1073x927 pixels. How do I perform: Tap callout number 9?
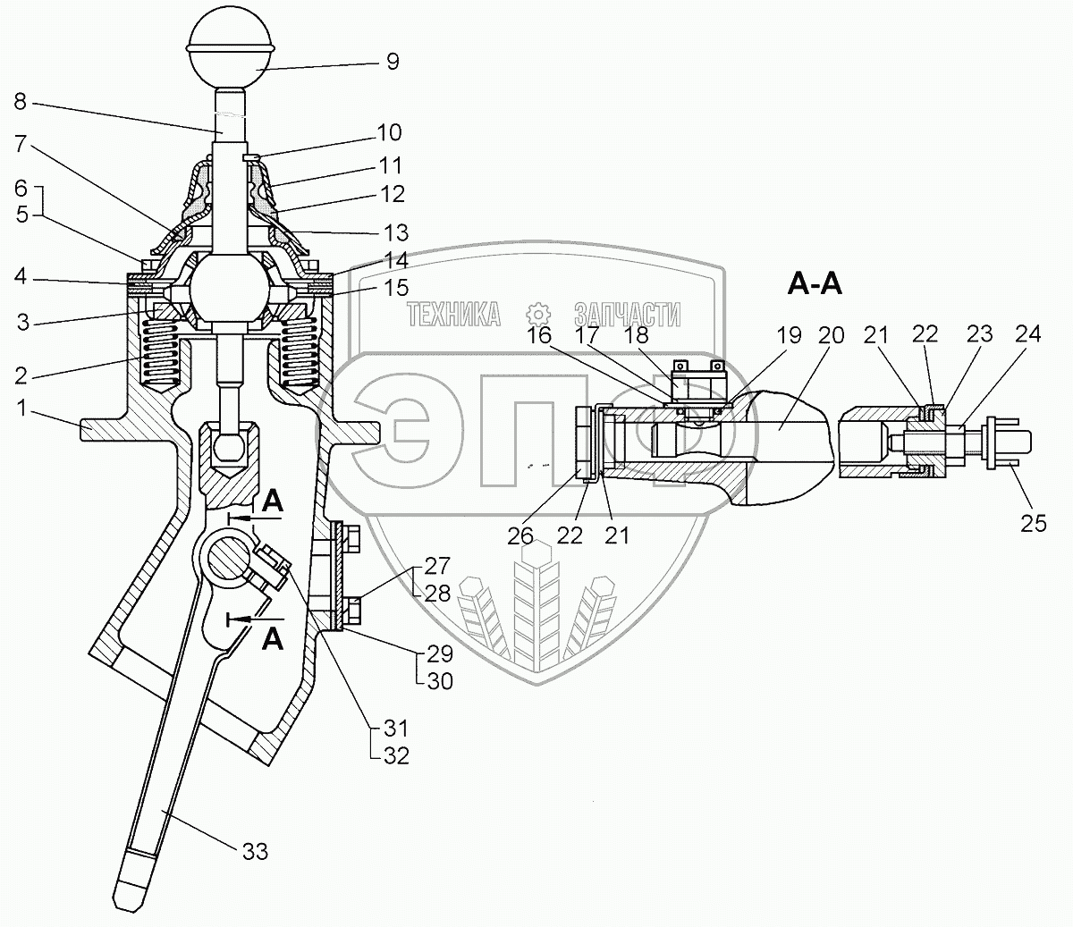(x=393, y=62)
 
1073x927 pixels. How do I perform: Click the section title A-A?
(x=815, y=284)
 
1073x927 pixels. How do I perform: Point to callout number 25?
(x=1033, y=524)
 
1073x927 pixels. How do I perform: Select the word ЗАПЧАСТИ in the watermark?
(x=627, y=314)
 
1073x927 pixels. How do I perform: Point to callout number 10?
(x=390, y=132)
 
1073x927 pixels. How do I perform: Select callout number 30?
(x=439, y=681)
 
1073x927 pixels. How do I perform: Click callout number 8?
(x=21, y=102)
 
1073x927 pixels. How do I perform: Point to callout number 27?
(x=438, y=564)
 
